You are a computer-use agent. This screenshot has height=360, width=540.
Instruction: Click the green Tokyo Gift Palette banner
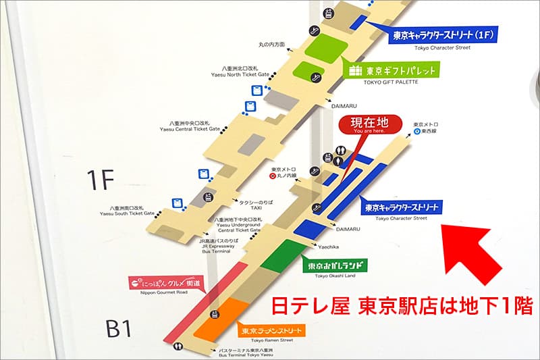392,70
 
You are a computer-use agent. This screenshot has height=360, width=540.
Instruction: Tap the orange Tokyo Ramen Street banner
270,330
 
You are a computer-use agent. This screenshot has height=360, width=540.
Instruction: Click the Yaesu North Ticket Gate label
245,72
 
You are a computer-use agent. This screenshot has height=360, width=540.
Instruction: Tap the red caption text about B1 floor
402,306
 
